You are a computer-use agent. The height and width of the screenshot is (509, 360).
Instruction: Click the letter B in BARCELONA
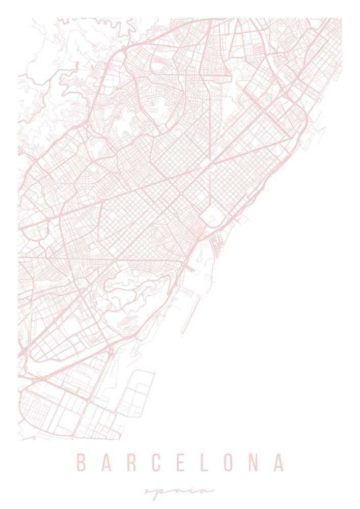click(80, 463)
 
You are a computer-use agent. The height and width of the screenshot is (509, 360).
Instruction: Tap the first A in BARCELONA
click(106, 463)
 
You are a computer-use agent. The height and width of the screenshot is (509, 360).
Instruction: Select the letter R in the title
click(131, 463)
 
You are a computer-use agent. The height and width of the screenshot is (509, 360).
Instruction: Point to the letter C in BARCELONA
click(156, 463)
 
